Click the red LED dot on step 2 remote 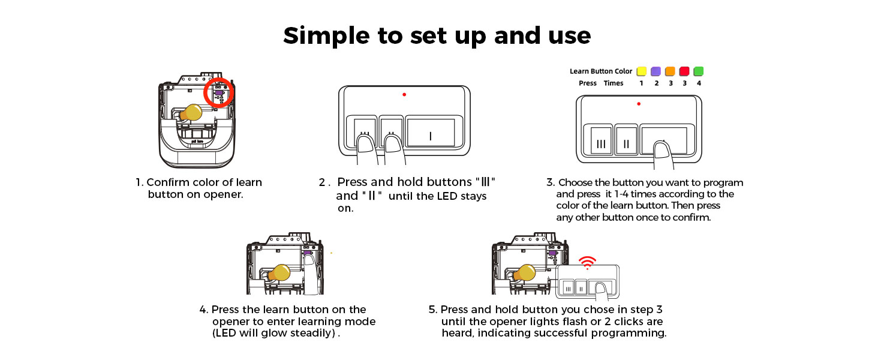(404, 94)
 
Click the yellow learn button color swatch (641, 71)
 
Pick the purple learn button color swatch (656, 71)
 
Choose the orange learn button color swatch (670, 71)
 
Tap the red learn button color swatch (684, 71)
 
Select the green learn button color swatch (699, 71)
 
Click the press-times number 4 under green (699, 83)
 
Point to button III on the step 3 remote (601, 144)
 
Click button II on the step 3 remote (626, 144)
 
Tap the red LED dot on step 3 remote (639, 104)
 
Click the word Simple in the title (326, 36)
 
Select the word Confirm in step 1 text (167, 182)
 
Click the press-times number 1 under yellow (641, 83)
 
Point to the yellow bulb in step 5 (524, 273)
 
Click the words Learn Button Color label (601, 71)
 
